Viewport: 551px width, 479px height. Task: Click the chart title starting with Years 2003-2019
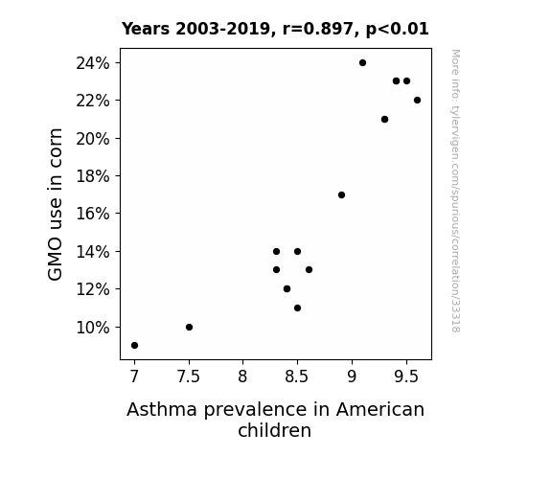point(275,29)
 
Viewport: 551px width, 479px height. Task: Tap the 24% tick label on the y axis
point(93,63)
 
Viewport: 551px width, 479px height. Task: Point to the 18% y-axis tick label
point(93,176)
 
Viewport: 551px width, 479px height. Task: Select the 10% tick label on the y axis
point(93,328)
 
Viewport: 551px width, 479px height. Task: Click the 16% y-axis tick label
point(93,214)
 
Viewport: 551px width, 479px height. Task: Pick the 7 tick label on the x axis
point(134,376)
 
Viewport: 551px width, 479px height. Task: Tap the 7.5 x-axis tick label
point(189,376)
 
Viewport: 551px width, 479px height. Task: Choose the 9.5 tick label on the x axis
point(406,376)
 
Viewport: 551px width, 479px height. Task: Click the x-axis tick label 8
point(242,376)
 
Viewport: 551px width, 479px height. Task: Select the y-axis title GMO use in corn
point(56,204)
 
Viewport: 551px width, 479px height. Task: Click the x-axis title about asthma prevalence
point(275,420)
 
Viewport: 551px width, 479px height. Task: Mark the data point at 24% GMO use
point(362,63)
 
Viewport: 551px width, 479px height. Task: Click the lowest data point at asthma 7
point(134,346)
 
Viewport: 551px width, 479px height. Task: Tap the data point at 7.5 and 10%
point(189,328)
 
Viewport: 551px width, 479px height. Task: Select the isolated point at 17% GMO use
point(341,195)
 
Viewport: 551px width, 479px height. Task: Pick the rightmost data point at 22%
point(417,101)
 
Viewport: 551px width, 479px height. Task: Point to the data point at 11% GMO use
point(298,308)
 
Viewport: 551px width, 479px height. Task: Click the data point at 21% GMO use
point(385,120)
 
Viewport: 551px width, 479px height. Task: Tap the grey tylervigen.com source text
point(456,191)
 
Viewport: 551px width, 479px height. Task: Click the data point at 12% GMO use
point(287,289)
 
